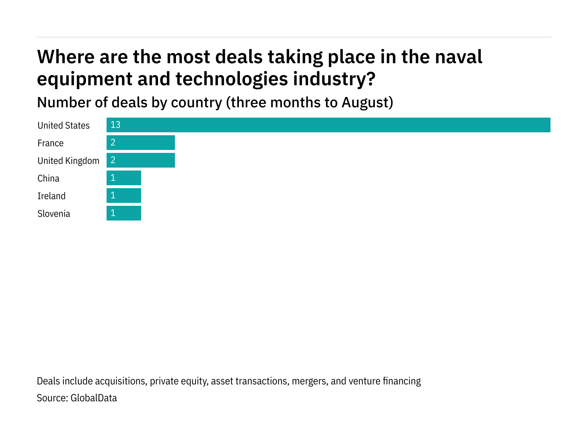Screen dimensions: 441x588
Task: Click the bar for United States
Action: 328,125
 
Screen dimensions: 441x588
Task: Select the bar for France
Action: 141,143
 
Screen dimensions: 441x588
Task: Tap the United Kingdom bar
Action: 141,160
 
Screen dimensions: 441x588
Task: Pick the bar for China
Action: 124,178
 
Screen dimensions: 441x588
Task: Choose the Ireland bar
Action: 124,196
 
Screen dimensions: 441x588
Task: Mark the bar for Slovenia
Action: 124,213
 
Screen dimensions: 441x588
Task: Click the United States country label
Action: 64,126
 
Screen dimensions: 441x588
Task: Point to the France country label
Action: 50,143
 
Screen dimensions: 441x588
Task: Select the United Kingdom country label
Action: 68,161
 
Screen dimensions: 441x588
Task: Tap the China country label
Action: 48,179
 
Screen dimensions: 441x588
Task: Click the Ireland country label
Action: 51,196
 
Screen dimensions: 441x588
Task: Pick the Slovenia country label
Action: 54,214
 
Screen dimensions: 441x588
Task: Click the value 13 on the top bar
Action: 115,125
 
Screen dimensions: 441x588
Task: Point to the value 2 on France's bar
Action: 113,143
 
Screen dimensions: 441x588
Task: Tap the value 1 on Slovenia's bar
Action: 113,213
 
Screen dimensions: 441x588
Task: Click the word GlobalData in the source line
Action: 94,398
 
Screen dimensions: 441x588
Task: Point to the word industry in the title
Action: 334,79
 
